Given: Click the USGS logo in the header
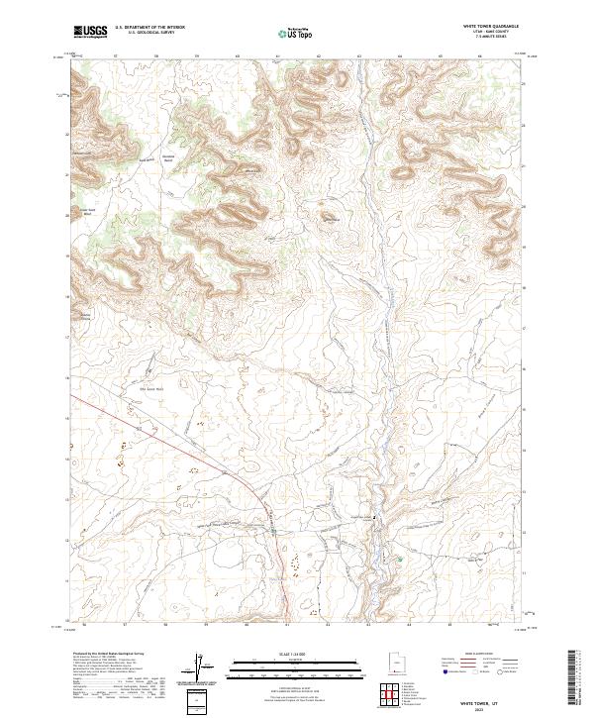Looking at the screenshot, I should pyautogui.click(x=90, y=33).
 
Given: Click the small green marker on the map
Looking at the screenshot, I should pyautogui.click(x=400, y=561).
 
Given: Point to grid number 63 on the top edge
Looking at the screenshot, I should pyautogui.click(x=358, y=57).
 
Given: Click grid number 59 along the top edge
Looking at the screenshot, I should pyautogui.click(x=197, y=57).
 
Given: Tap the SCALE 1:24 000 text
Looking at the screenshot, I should pyautogui.click(x=282, y=655).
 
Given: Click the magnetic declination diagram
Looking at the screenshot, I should pyautogui.click(x=205, y=668).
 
